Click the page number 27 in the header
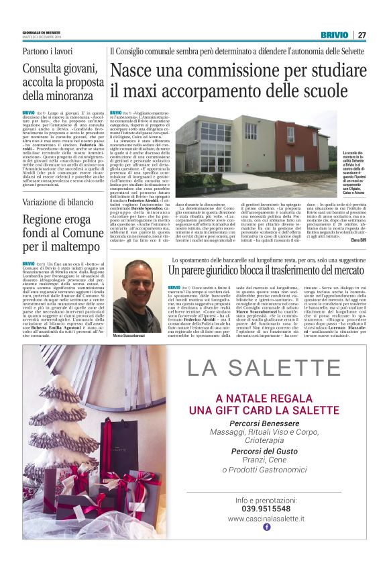362,35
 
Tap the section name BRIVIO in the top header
334,35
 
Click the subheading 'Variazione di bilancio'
58,202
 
